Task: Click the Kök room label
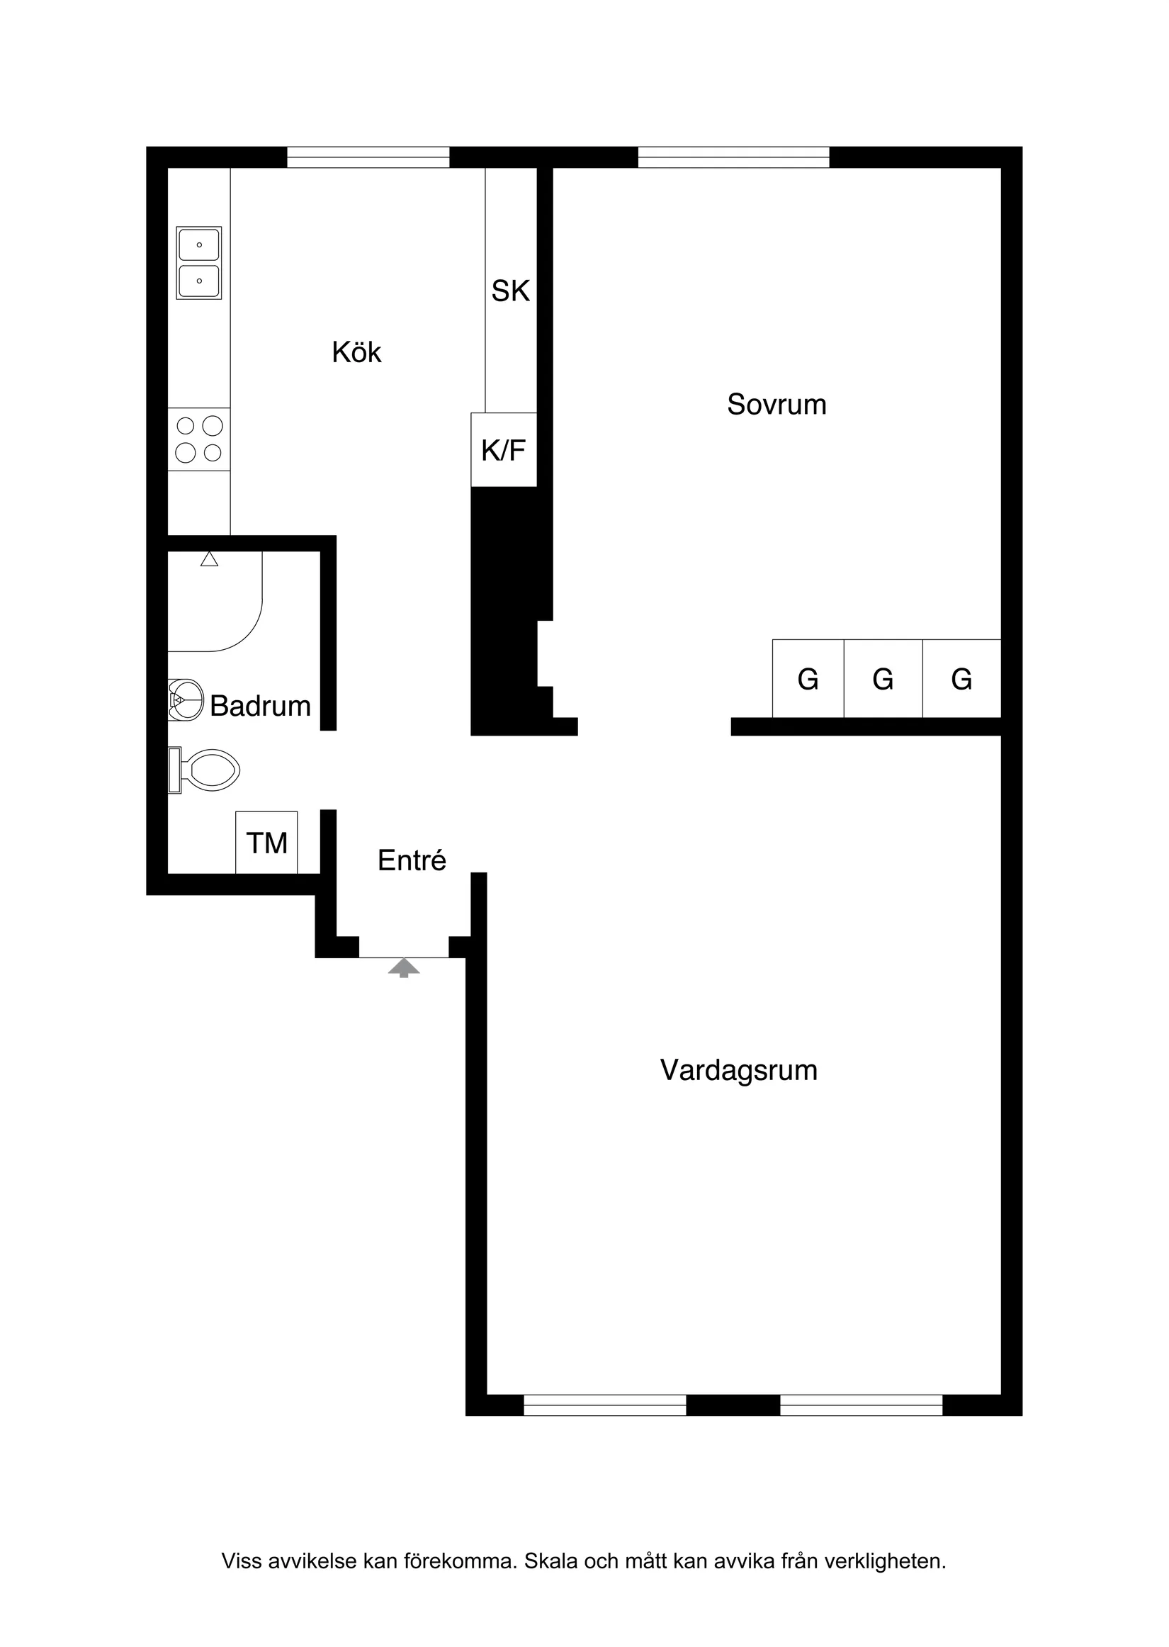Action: [x=356, y=353]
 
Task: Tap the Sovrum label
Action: [x=776, y=405]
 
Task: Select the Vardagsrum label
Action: [x=738, y=1070]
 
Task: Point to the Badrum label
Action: [x=260, y=706]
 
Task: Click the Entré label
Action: [x=412, y=860]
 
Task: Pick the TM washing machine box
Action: [x=266, y=843]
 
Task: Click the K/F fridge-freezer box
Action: [x=503, y=450]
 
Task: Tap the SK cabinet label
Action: [x=510, y=291]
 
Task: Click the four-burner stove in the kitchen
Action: [x=198, y=440]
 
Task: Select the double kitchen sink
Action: [x=198, y=263]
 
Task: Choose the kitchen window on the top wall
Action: [x=368, y=157]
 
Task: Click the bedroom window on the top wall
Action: [x=733, y=157]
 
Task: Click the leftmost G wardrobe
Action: [x=808, y=679]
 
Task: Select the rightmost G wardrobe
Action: [x=961, y=679]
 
